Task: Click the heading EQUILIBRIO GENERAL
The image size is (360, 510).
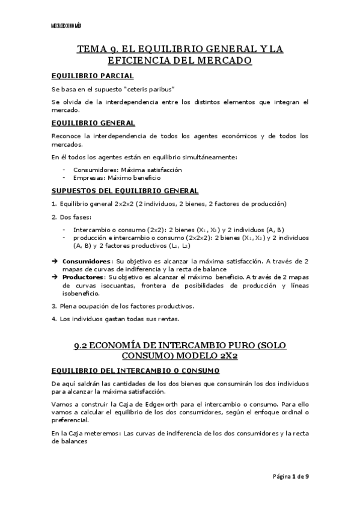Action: pyautogui.click(x=93, y=123)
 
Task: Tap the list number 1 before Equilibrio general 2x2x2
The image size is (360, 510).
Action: pyautogui.click(x=53, y=204)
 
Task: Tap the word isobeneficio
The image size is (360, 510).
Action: pyautogui.click(x=81, y=293)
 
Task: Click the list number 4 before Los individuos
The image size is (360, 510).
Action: pyautogui.click(x=53, y=318)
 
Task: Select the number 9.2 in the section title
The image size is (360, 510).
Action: pyautogui.click(x=82, y=346)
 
